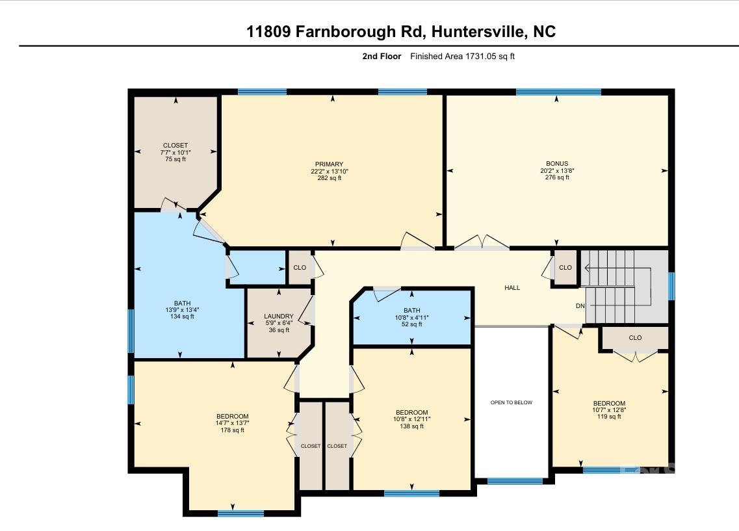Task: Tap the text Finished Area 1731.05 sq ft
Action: point(462,57)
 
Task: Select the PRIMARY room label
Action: point(329,164)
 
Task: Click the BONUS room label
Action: point(557,164)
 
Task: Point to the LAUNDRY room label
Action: point(279,316)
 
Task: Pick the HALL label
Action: point(512,287)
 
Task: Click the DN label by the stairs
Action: point(580,305)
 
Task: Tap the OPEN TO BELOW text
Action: point(512,402)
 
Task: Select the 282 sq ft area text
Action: point(329,178)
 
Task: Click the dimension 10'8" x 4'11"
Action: point(411,318)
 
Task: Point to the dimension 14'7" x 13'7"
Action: point(232,423)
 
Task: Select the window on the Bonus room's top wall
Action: point(558,92)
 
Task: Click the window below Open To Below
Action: point(515,481)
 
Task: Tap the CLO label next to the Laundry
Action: point(300,268)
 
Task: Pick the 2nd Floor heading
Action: point(382,57)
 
